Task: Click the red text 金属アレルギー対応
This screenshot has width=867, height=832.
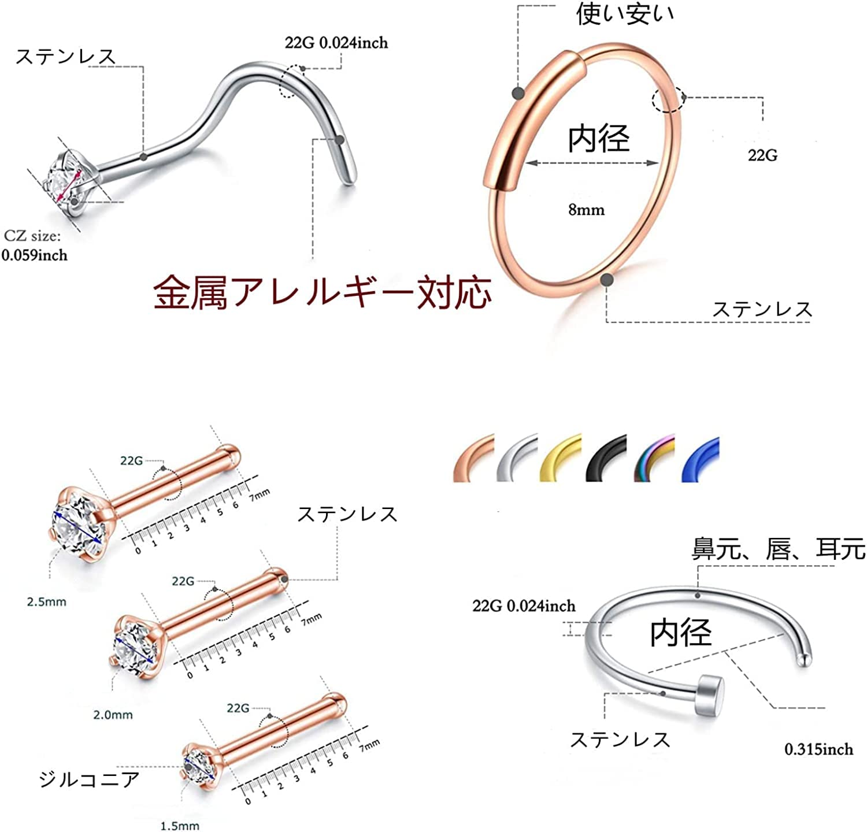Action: pos(323,292)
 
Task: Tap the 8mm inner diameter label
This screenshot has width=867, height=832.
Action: pos(586,209)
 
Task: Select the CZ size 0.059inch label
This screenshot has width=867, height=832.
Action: pos(34,246)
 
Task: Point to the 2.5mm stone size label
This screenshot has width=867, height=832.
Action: pos(47,602)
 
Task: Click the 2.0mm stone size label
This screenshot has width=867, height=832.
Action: pos(113,715)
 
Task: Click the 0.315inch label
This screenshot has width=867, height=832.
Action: pos(818,749)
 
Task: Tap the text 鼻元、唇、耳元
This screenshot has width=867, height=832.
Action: pos(779,549)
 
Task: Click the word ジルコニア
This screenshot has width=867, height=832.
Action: pos(90,779)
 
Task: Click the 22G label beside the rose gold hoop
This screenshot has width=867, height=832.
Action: pos(763,155)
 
